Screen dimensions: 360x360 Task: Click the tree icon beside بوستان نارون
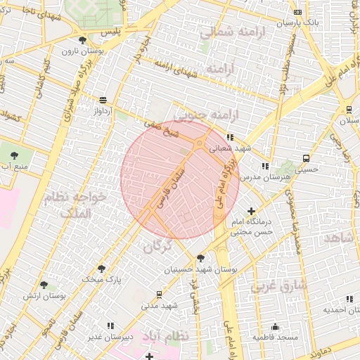click(84, 40)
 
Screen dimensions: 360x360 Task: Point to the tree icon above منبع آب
click(13, 153)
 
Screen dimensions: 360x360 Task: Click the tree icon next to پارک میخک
click(102, 268)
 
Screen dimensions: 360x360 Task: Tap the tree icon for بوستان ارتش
click(44, 285)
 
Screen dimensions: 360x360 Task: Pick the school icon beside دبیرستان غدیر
click(110, 326)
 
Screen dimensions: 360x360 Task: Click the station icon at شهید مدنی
click(160, 294)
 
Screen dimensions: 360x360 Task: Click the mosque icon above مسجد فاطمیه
click(274, 326)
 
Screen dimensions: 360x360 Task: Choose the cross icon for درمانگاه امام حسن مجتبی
click(252, 210)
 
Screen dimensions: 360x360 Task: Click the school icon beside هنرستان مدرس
click(264, 166)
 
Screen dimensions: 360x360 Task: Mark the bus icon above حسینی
click(305, 158)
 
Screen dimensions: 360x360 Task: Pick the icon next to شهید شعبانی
click(229, 137)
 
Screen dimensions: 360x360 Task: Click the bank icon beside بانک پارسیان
click(298, 13)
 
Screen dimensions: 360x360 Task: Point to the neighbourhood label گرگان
click(157, 247)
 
